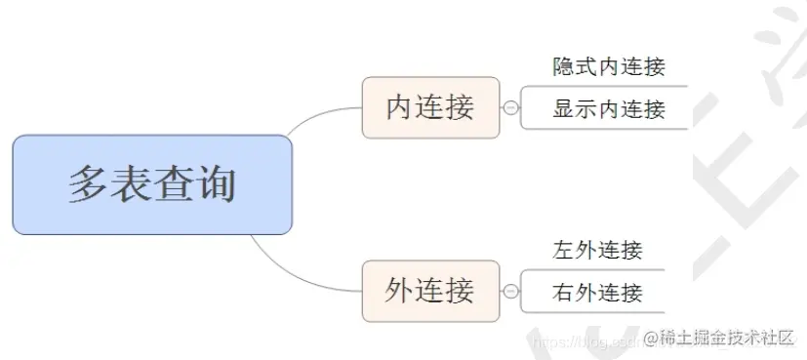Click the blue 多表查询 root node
152,184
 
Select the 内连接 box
430,107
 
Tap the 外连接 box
430,291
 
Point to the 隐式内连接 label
609,66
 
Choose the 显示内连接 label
609,108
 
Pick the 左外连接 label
597,250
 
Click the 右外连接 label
597,292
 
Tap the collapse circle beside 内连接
510,107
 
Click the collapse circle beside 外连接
510,291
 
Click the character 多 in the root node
88,184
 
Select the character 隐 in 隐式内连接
564,66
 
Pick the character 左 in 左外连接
563,250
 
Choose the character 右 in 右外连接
563,292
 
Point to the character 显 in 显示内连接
564,108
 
